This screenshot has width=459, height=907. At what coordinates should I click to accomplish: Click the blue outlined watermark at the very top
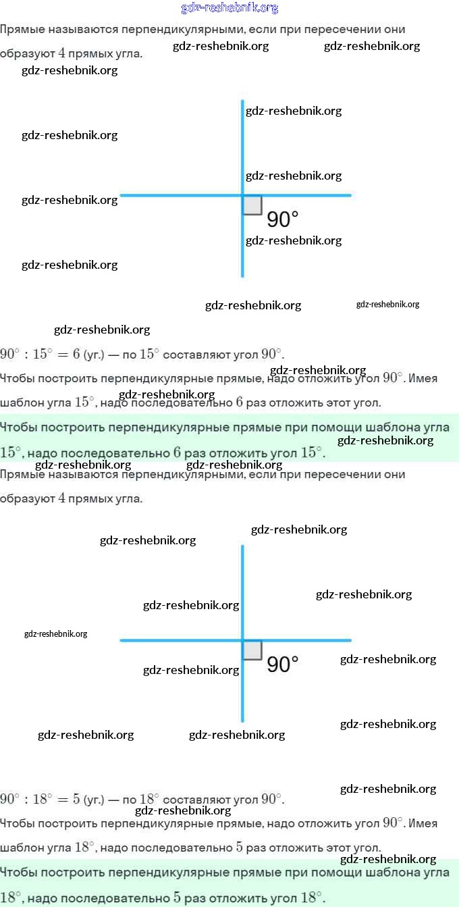230,8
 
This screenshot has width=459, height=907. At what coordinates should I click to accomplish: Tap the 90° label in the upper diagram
283,219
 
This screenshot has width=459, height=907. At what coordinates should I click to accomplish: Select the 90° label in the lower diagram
283,664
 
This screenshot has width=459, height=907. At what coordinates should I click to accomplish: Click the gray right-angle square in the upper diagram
252,205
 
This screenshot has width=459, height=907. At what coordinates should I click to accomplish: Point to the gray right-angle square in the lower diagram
252,650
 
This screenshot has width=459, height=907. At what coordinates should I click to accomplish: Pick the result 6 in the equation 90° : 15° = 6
76,354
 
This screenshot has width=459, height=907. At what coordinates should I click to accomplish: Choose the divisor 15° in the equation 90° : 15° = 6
43,354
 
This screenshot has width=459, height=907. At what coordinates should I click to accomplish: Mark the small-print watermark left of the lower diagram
55,634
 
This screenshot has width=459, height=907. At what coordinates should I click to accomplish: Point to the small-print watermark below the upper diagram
387,305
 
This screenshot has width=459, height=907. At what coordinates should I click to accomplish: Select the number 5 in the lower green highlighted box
177,898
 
